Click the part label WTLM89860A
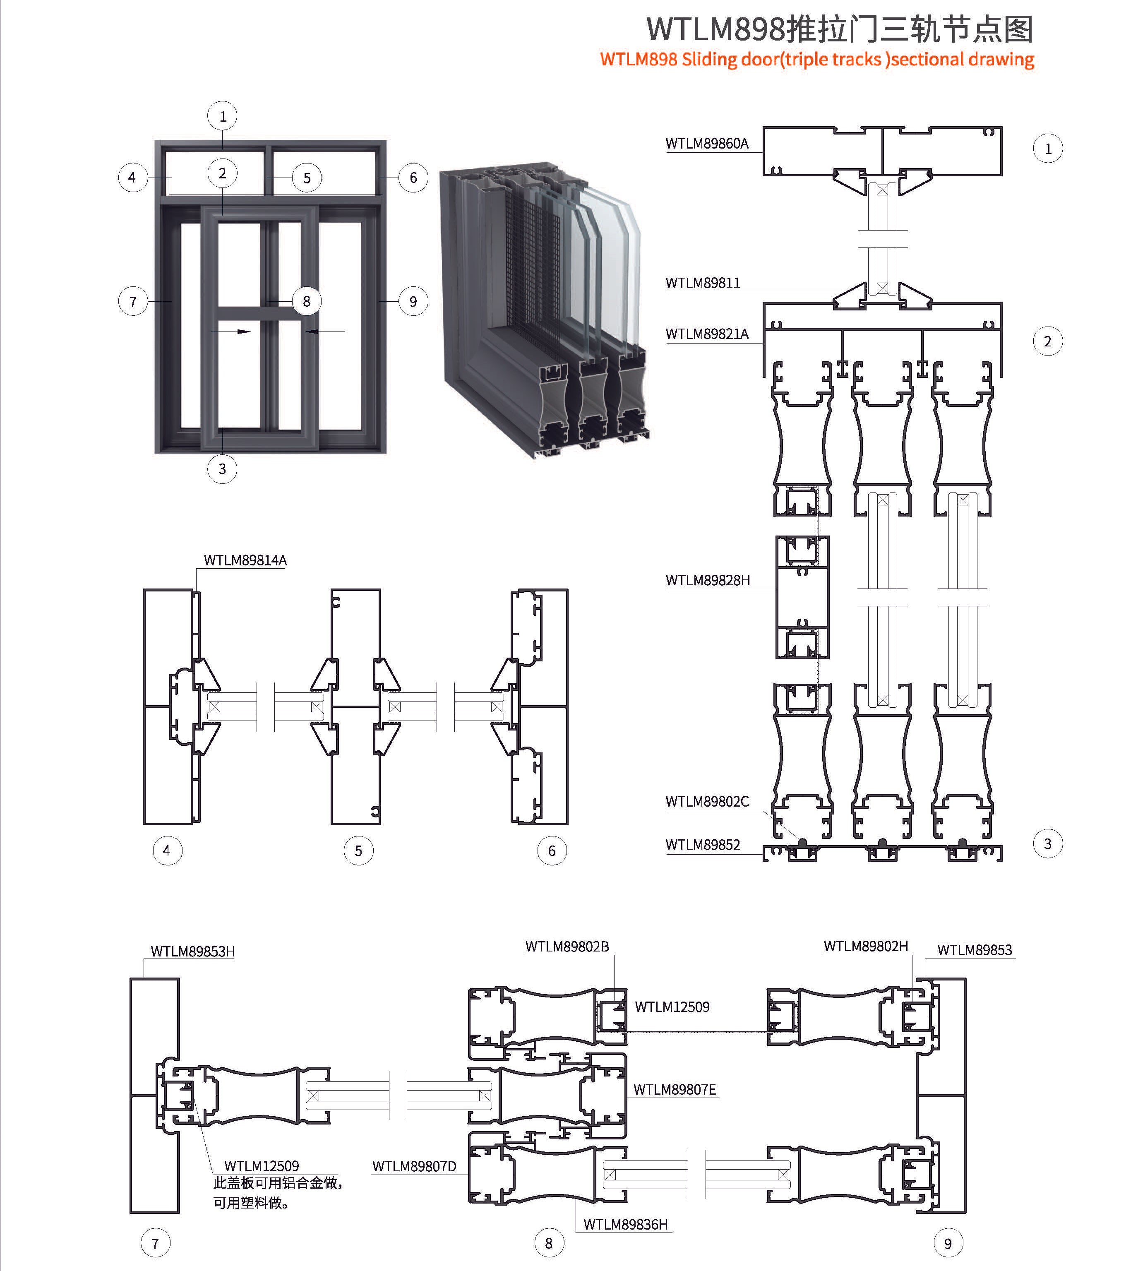[x=706, y=144]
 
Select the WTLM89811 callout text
[x=703, y=283]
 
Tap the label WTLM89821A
[x=706, y=334]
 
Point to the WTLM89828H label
[x=708, y=581]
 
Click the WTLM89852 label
[x=703, y=845]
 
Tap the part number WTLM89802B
[x=567, y=947]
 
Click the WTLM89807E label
[x=675, y=1090]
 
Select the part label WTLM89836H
[x=625, y=1225]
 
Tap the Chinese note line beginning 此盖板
[x=278, y=1183]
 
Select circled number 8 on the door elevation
[x=306, y=301]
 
